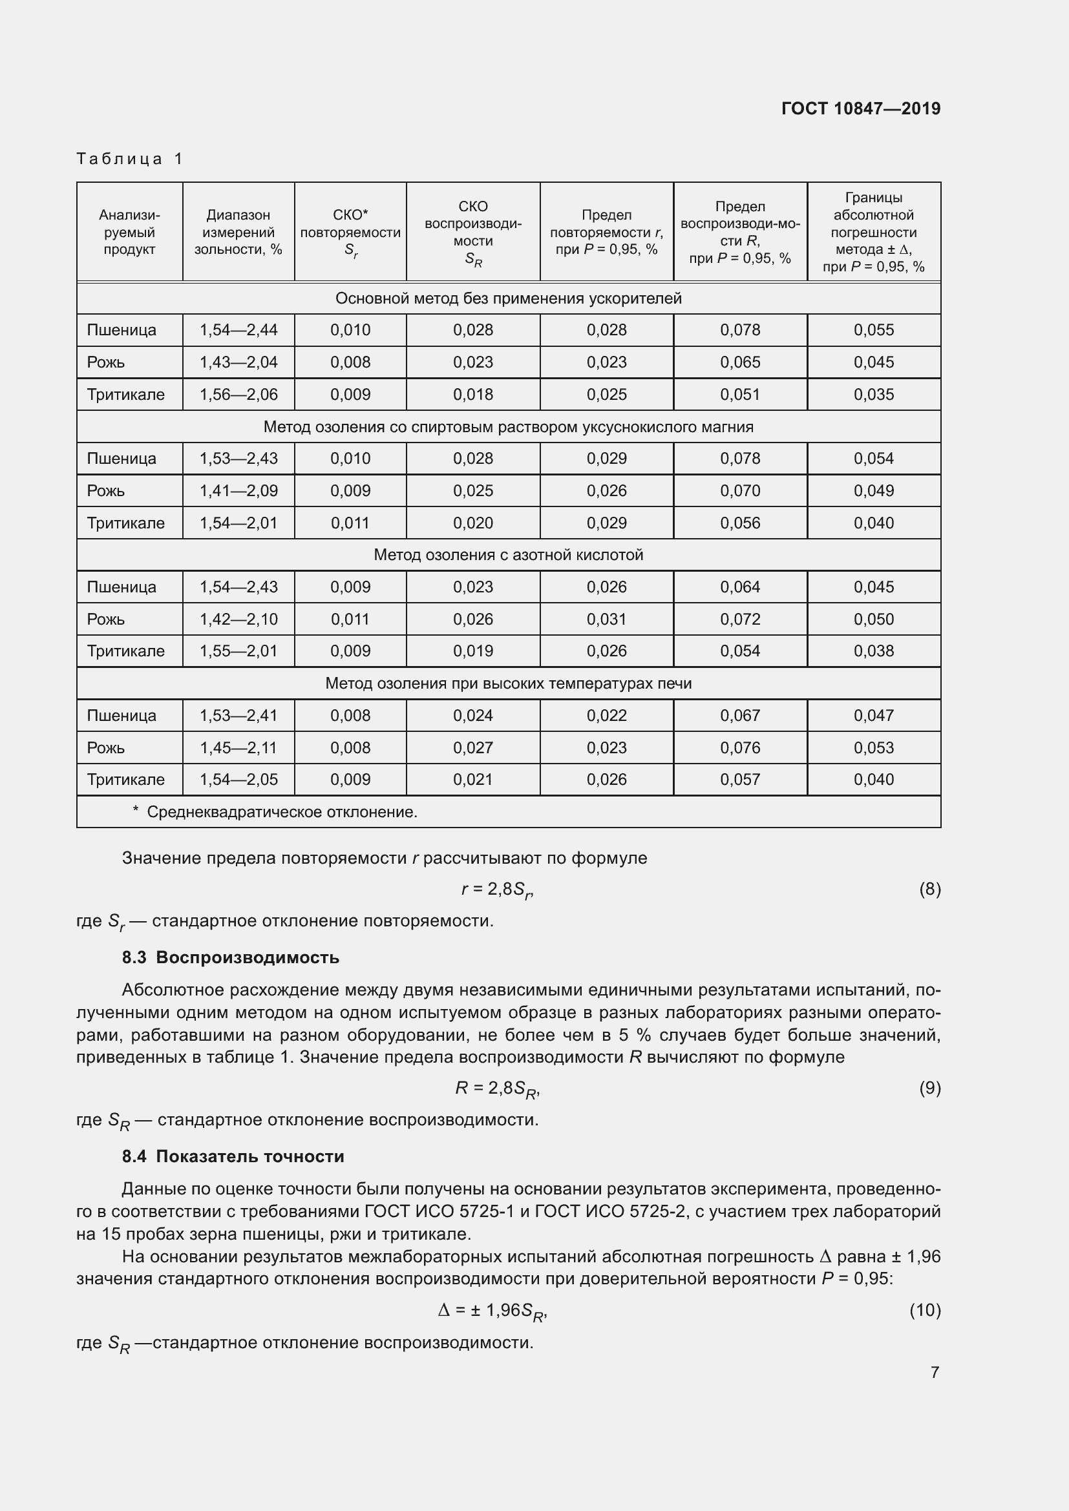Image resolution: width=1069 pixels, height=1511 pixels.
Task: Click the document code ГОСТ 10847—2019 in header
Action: click(860, 109)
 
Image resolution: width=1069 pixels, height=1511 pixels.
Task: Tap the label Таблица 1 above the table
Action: click(130, 159)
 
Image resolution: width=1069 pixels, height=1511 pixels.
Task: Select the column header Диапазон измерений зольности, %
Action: click(238, 233)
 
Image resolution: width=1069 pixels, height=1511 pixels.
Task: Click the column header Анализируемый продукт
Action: click(130, 233)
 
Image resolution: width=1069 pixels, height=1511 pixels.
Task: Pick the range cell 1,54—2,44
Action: click(238, 329)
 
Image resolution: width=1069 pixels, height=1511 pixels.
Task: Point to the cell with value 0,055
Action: click(874, 329)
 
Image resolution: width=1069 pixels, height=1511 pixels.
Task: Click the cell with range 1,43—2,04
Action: click(238, 362)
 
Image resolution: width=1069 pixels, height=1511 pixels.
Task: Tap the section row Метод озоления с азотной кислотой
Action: click(508, 555)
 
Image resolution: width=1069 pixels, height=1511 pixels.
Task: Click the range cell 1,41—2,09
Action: click(238, 490)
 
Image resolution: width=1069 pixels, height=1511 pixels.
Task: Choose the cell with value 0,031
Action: click(606, 620)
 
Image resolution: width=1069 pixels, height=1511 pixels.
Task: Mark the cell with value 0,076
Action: click(740, 747)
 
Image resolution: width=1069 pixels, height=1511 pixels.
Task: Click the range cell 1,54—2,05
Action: click(238, 780)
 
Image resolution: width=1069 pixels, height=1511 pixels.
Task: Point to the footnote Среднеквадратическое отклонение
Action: click(282, 812)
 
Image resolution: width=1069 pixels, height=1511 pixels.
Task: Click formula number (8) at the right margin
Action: click(929, 889)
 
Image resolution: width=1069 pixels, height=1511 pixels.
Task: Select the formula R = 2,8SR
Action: click(498, 1089)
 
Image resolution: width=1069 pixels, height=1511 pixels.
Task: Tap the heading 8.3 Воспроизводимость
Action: click(230, 957)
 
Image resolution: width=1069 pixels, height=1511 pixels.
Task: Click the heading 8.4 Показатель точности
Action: click(233, 1156)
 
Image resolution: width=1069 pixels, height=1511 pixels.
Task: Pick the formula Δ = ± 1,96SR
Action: click(492, 1311)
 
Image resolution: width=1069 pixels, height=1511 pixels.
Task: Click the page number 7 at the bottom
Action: click(934, 1372)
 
